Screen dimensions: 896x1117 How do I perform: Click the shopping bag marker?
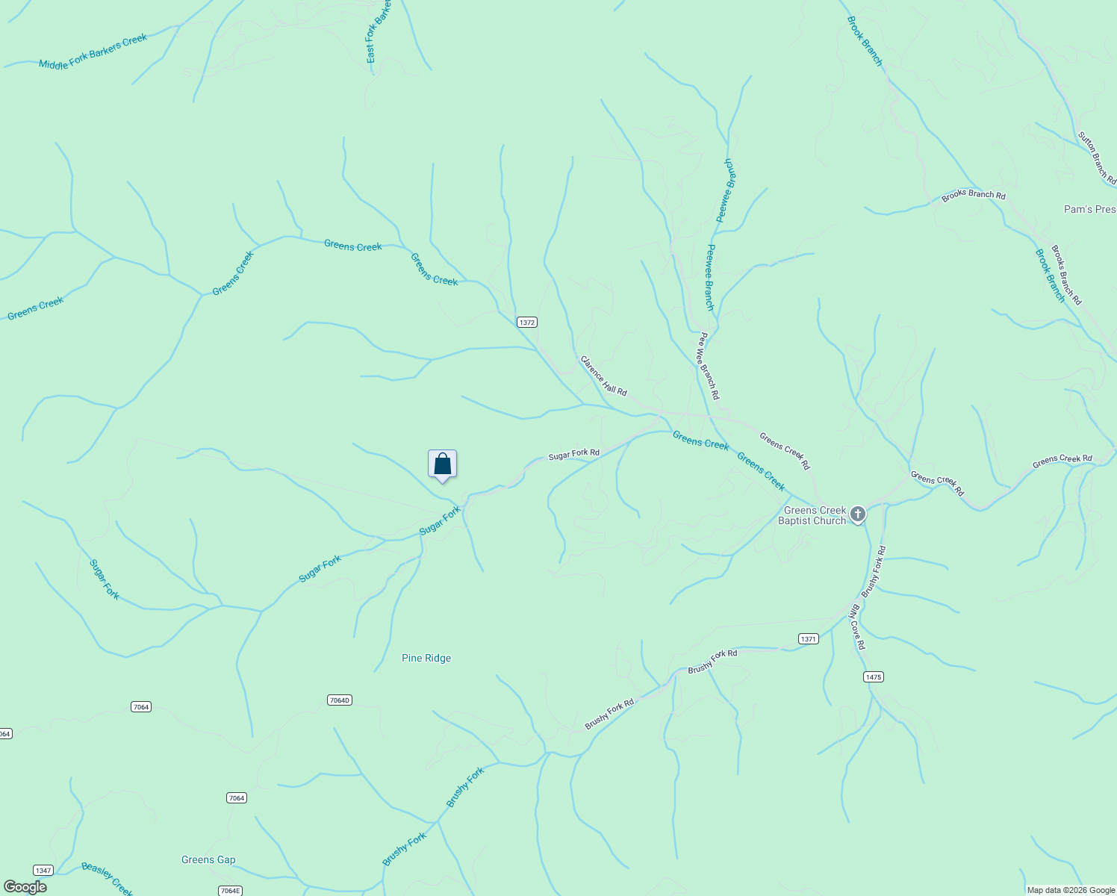pyautogui.click(x=442, y=464)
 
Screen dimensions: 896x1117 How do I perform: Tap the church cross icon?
pyautogui.click(x=858, y=514)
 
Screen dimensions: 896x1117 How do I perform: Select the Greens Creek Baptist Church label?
pyautogui.click(x=812, y=516)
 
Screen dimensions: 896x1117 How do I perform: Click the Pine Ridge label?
pyautogui.click(x=426, y=658)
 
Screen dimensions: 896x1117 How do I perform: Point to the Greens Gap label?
pyautogui.click(x=208, y=859)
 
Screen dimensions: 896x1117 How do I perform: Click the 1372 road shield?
pyautogui.click(x=526, y=323)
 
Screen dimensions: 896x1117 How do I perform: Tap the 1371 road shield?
pyautogui.click(x=808, y=639)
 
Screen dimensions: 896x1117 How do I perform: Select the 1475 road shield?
pyautogui.click(x=873, y=677)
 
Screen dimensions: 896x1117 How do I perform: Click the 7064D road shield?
pyautogui.click(x=339, y=700)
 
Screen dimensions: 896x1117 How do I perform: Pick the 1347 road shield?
pyautogui.click(x=43, y=871)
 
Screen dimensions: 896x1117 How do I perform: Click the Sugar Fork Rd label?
pyautogui.click(x=573, y=454)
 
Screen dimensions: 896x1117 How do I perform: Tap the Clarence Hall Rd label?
pyautogui.click(x=603, y=376)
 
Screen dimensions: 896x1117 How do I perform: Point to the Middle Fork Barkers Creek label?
pyautogui.click(x=93, y=52)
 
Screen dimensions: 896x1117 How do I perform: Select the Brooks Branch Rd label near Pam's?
pyautogui.click(x=973, y=196)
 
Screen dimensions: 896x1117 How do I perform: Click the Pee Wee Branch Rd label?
pyautogui.click(x=708, y=366)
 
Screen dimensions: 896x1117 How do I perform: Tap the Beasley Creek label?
pyautogui.click(x=107, y=879)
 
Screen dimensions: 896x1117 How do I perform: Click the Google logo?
pyautogui.click(x=25, y=887)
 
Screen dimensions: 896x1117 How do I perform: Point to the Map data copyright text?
pyautogui.click(x=1071, y=890)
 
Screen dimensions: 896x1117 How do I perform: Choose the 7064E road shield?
pyautogui.click(x=230, y=891)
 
